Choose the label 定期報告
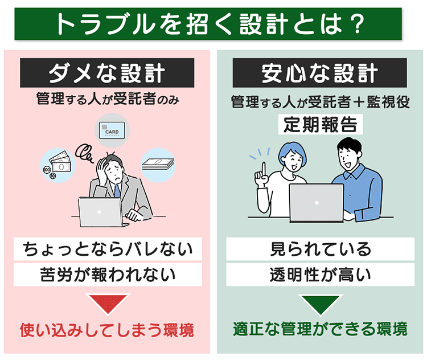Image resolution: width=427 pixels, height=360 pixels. pos(321,124)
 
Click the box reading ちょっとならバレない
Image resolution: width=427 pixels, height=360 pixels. pos(107,249)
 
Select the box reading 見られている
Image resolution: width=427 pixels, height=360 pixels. pos(320,249)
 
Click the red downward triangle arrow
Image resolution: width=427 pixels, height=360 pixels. pos(107,304)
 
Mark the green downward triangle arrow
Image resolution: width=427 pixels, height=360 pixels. pos(320,304)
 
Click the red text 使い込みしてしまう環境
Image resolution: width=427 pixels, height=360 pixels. pos(107,330)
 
